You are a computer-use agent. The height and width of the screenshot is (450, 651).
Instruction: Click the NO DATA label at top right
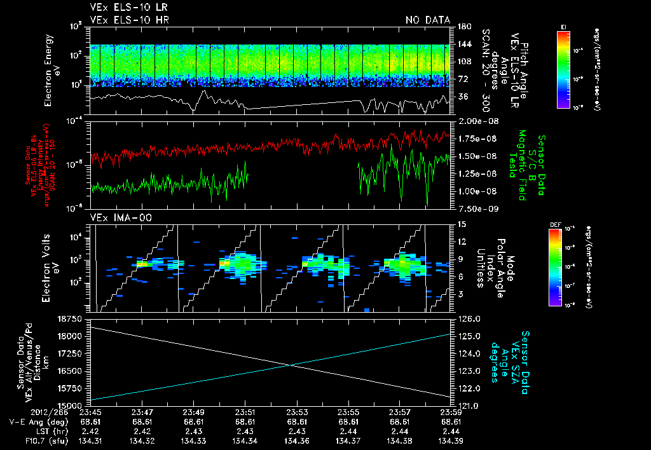(427, 20)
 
